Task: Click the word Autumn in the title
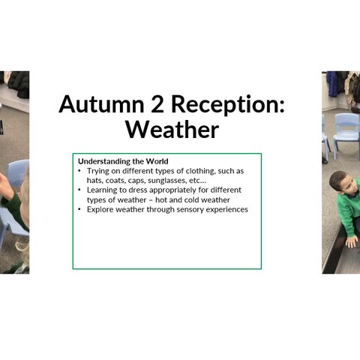tap(101, 104)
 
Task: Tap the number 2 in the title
tap(157, 104)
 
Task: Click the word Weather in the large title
tap(172, 130)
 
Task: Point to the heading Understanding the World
tap(123, 161)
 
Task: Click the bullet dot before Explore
tap(79, 209)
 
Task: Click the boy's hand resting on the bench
tap(351, 241)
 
